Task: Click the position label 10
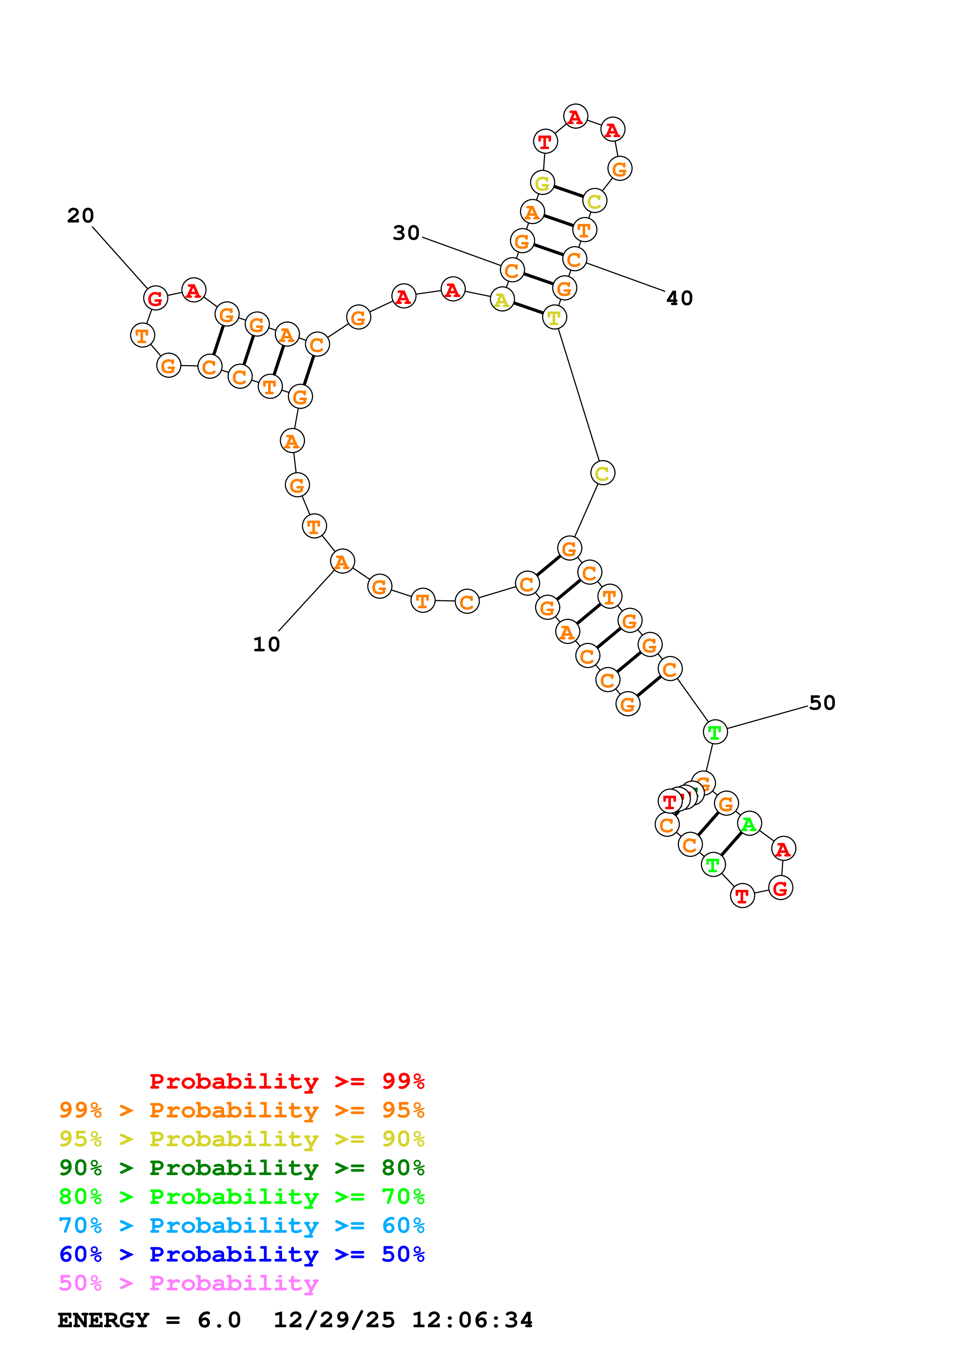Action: pos(266,644)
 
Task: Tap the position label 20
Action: pos(80,216)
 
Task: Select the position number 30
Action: pos(406,232)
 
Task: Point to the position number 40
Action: pos(679,298)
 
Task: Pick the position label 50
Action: pos(822,703)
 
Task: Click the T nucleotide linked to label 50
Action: pos(715,732)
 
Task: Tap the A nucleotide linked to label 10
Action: pos(342,561)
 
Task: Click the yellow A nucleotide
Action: pos(501,300)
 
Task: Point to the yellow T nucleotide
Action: pos(554,318)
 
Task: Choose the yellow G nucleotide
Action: pos(542,183)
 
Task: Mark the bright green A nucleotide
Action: pos(748,824)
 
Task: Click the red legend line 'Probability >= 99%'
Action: pos(286,1081)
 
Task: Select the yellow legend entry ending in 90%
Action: pos(241,1139)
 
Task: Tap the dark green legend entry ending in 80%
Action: pos(241,1168)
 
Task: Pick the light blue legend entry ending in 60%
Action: pos(241,1225)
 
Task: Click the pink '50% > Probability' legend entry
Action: pos(188,1283)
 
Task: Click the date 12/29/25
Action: pos(334,1320)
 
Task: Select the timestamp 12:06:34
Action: pos(472,1320)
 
